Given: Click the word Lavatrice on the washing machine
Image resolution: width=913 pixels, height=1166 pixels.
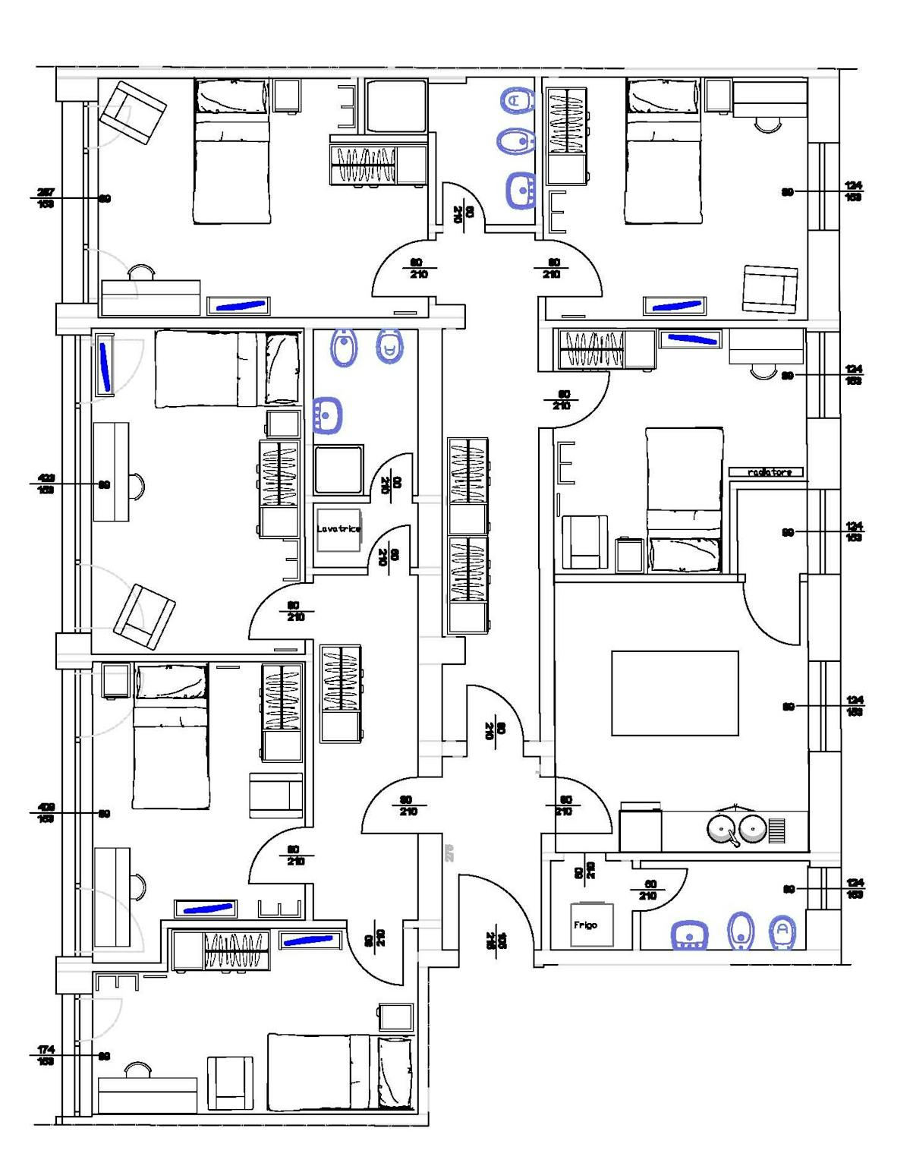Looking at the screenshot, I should point(338,528).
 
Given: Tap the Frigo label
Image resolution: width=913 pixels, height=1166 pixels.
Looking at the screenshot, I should point(585,925).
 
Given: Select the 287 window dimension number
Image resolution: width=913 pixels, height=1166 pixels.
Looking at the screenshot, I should point(46,192).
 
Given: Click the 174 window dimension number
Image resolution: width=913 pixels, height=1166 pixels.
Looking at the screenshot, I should point(46,1049).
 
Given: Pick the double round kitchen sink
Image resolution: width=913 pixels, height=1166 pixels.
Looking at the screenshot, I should point(736,829).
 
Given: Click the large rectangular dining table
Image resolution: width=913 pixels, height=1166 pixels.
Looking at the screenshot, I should point(675,692).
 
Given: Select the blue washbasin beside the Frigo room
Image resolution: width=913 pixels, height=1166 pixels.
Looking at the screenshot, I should point(689,935).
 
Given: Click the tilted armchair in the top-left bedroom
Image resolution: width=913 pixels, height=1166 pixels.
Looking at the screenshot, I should point(134,112).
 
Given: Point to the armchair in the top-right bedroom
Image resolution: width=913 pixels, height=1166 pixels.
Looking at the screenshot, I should point(770,288).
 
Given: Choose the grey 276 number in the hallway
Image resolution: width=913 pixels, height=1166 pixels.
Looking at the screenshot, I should point(449,852).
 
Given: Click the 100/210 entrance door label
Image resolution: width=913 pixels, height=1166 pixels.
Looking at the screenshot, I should point(502,940).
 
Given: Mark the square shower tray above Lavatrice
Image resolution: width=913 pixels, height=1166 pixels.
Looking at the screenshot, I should point(338,470).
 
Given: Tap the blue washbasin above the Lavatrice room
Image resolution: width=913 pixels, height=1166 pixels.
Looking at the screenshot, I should point(327,415).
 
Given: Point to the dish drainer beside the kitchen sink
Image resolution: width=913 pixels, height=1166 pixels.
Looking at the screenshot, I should point(776,830).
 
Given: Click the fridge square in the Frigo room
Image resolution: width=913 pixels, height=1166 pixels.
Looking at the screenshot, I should point(592,924).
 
